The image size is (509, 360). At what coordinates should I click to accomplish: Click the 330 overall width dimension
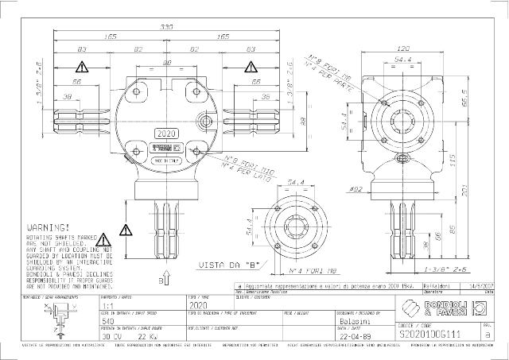click(x=167, y=26)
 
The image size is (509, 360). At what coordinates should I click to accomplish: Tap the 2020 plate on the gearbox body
click(x=167, y=134)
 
